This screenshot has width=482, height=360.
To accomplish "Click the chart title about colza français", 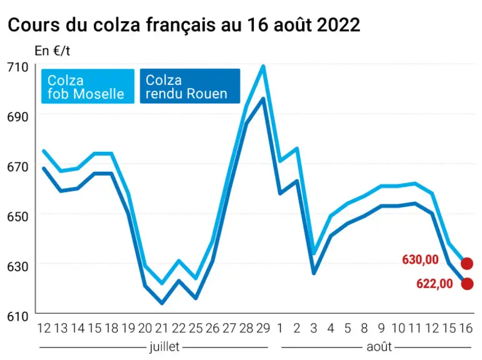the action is click(x=184, y=25).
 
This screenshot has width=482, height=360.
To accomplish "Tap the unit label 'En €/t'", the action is click(x=52, y=51).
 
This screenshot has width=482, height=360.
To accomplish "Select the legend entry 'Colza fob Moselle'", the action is click(x=88, y=86).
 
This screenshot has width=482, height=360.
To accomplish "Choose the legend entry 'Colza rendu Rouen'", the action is click(x=190, y=86).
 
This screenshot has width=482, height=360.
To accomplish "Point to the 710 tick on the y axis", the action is click(x=18, y=67).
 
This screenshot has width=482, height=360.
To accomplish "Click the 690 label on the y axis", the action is click(x=18, y=117).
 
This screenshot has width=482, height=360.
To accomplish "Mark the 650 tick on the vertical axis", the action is click(x=18, y=217).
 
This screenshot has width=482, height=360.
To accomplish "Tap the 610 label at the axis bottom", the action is click(x=18, y=316).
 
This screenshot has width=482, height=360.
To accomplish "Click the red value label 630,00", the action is click(x=420, y=260).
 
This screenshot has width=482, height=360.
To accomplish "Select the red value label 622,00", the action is click(x=434, y=284).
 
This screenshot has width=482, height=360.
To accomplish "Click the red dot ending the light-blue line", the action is click(x=467, y=264).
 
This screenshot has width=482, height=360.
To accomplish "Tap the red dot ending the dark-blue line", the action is click(x=467, y=284).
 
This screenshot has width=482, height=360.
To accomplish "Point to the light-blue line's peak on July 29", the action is click(x=263, y=66).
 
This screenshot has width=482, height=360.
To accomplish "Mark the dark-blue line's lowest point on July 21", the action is click(x=162, y=303).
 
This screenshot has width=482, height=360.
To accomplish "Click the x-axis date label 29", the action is click(x=263, y=329).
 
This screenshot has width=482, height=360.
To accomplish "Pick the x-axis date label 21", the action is click(x=162, y=329).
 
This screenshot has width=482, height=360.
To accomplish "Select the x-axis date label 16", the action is click(x=465, y=329).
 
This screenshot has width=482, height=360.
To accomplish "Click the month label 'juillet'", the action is click(x=164, y=346).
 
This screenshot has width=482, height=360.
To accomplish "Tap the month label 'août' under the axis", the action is click(x=379, y=347).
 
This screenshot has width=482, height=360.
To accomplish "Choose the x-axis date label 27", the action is click(x=229, y=329).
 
